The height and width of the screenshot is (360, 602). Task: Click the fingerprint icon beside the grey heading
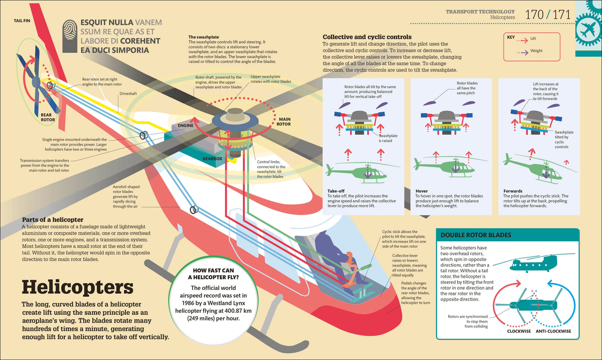click(x=70, y=36)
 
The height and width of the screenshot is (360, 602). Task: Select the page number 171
click(x=562, y=15)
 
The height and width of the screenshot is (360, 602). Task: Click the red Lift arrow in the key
click(x=522, y=40)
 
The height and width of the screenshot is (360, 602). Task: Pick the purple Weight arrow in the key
click(x=522, y=53)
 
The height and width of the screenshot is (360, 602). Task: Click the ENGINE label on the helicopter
click(x=186, y=125)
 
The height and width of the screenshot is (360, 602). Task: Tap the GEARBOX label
click(x=212, y=159)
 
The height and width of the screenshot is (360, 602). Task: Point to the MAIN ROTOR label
click(x=284, y=122)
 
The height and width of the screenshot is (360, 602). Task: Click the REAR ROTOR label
click(x=48, y=117)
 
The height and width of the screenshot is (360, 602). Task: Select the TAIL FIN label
click(x=22, y=21)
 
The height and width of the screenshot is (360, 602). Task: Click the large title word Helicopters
click(x=78, y=287)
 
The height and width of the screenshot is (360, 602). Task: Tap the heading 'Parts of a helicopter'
click(x=53, y=220)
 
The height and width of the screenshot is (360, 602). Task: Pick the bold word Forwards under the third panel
click(x=513, y=191)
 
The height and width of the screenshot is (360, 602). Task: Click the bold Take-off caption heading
click(x=336, y=191)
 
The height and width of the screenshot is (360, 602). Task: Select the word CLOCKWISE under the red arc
click(x=519, y=331)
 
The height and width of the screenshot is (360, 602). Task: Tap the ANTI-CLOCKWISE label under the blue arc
click(x=553, y=331)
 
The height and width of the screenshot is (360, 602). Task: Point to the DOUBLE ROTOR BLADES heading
click(x=476, y=235)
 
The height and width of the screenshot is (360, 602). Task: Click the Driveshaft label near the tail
click(x=128, y=94)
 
